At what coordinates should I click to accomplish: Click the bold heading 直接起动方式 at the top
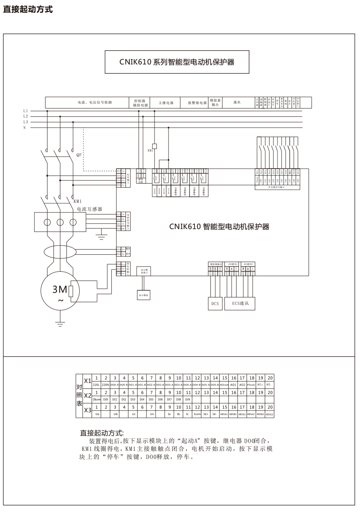(28, 9)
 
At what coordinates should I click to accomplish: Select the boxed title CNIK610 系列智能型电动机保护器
(177, 62)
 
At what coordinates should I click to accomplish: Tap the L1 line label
(26, 110)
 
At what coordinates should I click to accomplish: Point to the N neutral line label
(25, 128)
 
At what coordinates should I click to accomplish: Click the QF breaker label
(79, 155)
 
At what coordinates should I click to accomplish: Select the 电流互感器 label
(90, 209)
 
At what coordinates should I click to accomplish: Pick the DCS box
(215, 303)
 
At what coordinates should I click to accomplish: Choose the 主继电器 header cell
(166, 103)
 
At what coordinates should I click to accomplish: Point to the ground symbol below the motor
(60, 324)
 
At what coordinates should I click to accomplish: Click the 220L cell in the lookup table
(96, 385)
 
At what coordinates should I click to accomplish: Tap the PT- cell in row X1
(269, 385)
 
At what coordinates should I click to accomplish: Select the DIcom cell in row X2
(96, 399)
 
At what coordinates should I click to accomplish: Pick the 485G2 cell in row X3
(269, 414)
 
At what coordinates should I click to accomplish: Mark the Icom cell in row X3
(197, 414)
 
